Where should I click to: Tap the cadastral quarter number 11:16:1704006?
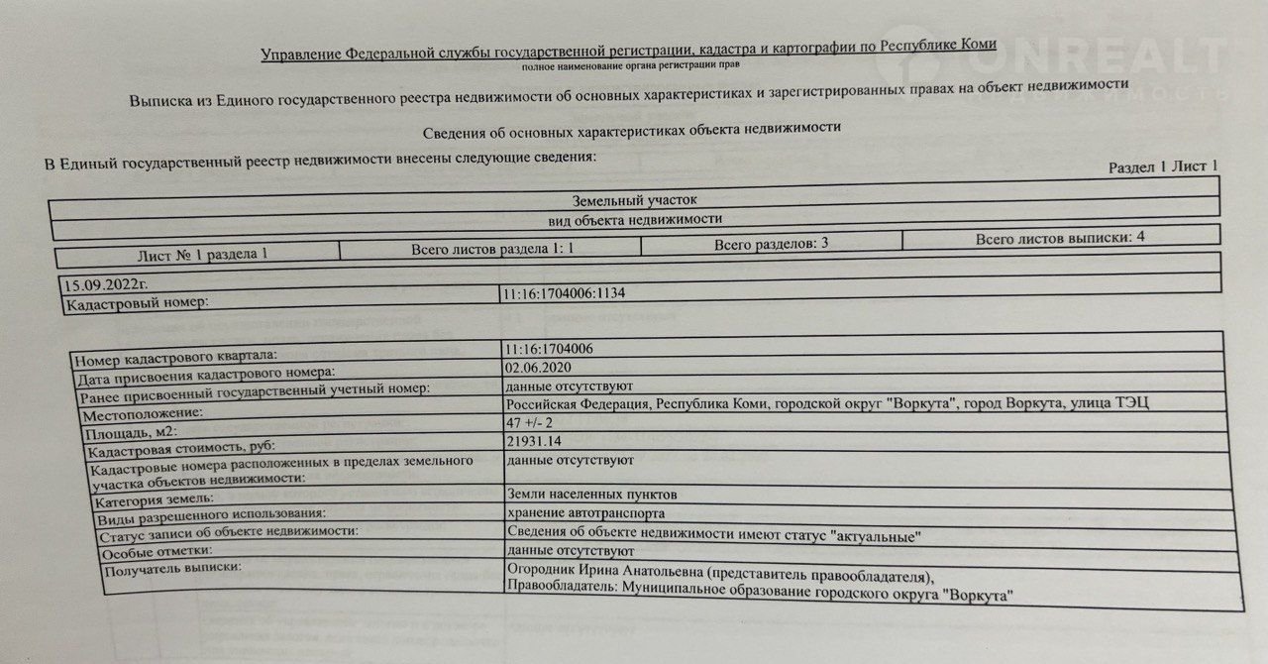coord(550,349)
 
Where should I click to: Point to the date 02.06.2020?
coord(540,367)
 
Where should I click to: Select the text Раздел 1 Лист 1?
coord(1162,166)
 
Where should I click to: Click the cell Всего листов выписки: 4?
coord(1060,238)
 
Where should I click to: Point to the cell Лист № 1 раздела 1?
coord(203,255)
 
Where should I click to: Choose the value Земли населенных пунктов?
coord(592,495)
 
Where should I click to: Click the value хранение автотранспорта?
coord(584,513)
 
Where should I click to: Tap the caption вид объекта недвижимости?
coord(635,219)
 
